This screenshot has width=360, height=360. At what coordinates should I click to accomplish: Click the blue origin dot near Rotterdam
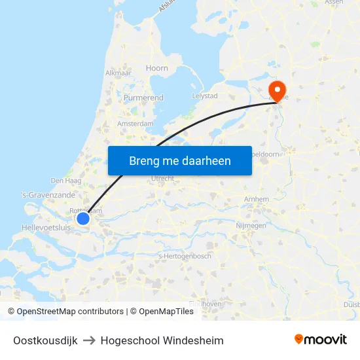click(83, 219)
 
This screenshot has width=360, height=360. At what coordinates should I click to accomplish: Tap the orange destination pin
click(278, 90)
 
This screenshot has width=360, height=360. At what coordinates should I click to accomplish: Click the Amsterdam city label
click(135, 124)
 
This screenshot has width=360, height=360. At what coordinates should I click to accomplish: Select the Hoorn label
click(157, 68)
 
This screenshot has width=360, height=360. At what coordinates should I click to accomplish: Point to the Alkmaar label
click(118, 74)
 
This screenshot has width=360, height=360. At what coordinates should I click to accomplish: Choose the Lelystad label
click(204, 96)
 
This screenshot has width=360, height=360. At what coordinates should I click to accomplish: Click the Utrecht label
click(162, 179)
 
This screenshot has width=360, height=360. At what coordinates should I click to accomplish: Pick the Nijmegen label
click(250, 226)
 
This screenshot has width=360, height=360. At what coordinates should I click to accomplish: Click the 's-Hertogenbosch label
click(185, 256)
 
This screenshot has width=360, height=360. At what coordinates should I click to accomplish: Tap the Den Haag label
click(65, 181)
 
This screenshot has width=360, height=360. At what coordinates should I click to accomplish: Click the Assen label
click(334, 3)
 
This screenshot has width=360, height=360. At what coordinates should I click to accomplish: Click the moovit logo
click(321, 340)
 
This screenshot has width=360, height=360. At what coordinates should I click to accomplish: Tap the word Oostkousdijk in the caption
click(45, 340)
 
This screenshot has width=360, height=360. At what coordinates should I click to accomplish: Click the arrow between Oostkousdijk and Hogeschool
click(89, 340)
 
